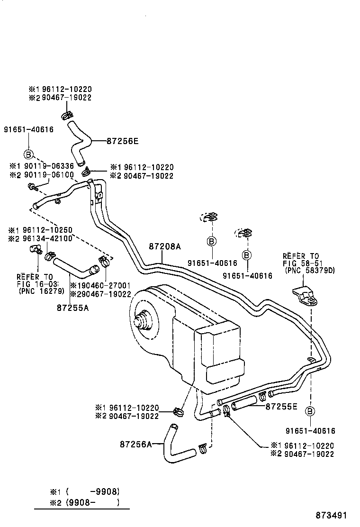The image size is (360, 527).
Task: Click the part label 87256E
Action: [x=122, y=141]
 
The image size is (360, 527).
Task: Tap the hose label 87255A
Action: [x=73, y=308]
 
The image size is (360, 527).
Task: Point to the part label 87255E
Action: [x=281, y=406]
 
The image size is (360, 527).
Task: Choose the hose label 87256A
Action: [x=135, y=444]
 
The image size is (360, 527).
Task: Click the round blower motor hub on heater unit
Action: [x=143, y=322]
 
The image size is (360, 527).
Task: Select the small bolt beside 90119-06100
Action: [x=33, y=189]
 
